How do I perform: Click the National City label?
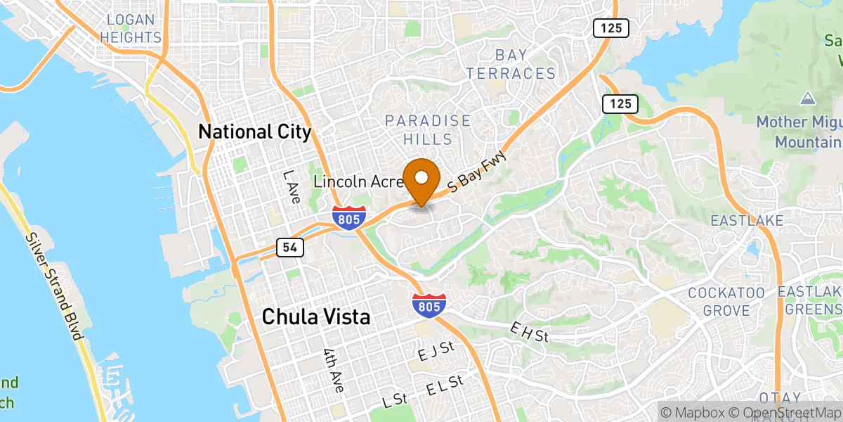(x=255, y=132)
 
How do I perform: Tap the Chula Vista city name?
(x=315, y=317)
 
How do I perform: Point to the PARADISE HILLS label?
(x=428, y=130)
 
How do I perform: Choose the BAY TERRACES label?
(x=511, y=64)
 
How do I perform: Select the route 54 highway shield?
(x=290, y=247)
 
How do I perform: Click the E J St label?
(x=436, y=352)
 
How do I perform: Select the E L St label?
(x=445, y=387)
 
